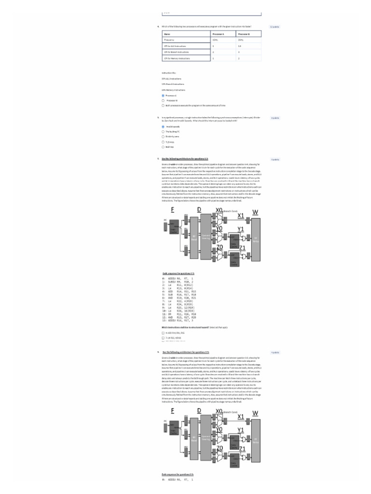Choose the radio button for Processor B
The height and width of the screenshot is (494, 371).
(163, 100)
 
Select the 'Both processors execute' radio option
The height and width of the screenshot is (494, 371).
(163, 105)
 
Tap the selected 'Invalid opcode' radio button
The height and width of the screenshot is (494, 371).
(163, 126)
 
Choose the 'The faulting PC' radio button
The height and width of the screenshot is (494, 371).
(163, 131)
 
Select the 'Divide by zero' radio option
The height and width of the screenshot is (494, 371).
(163, 137)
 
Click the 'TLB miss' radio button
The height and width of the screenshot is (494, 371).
(163, 142)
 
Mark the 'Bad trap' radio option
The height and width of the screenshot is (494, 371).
(163, 147)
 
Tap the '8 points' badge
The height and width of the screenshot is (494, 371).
(275, 118)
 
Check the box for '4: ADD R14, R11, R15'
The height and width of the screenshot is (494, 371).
(163, 333)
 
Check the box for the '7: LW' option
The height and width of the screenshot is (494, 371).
(163, 338)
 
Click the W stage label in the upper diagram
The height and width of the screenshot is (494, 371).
(256, 212)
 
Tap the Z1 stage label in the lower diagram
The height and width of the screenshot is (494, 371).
(243, 449)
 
